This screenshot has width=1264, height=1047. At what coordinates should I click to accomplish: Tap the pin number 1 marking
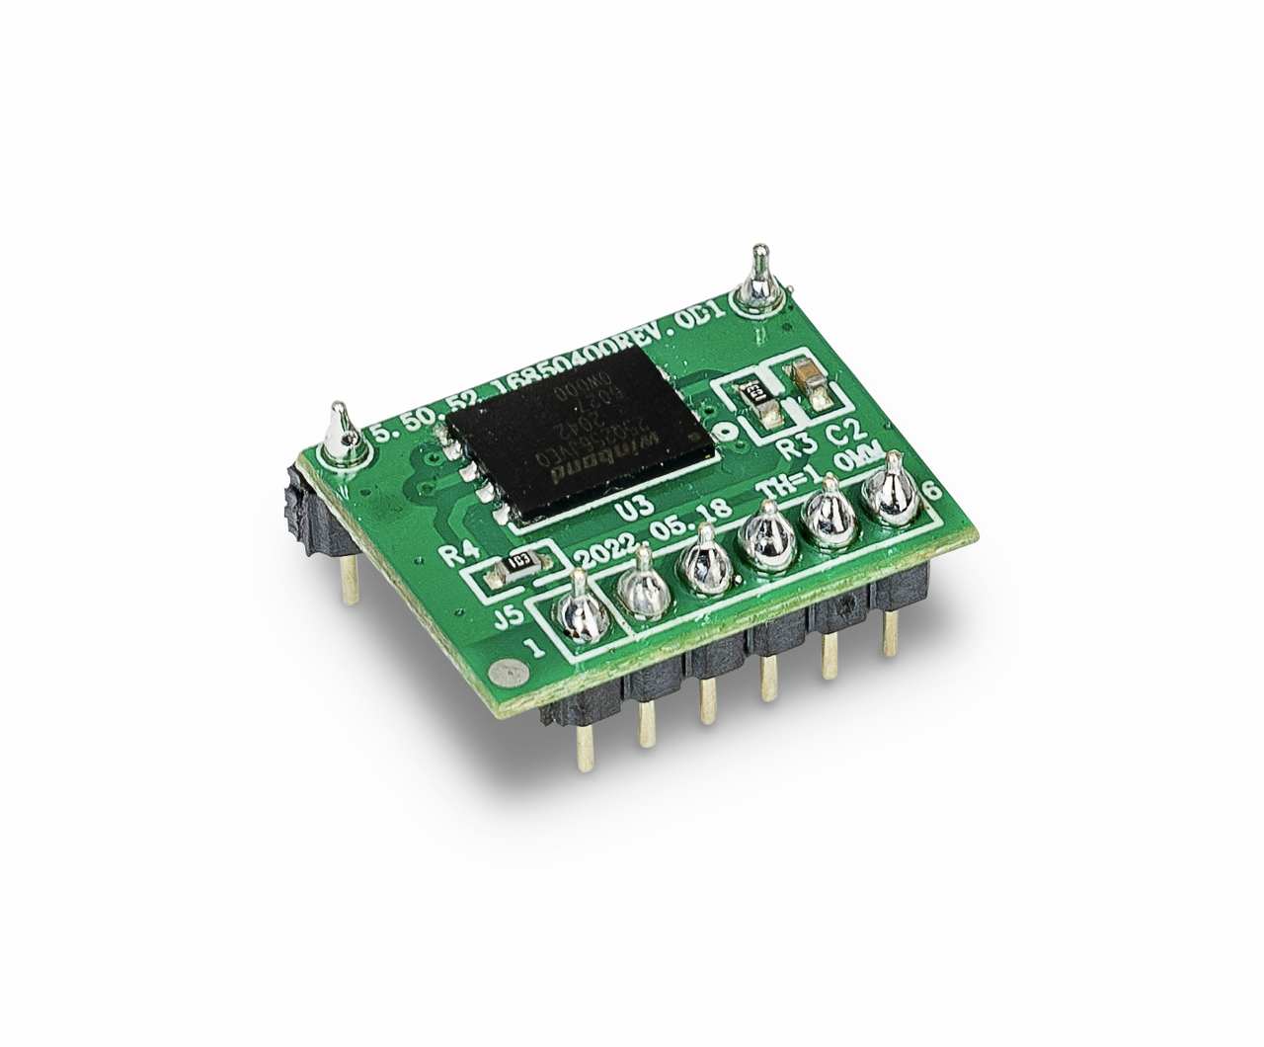(x=535, y=649)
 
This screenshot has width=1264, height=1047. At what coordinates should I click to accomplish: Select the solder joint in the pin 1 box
(x=576, y=618)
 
